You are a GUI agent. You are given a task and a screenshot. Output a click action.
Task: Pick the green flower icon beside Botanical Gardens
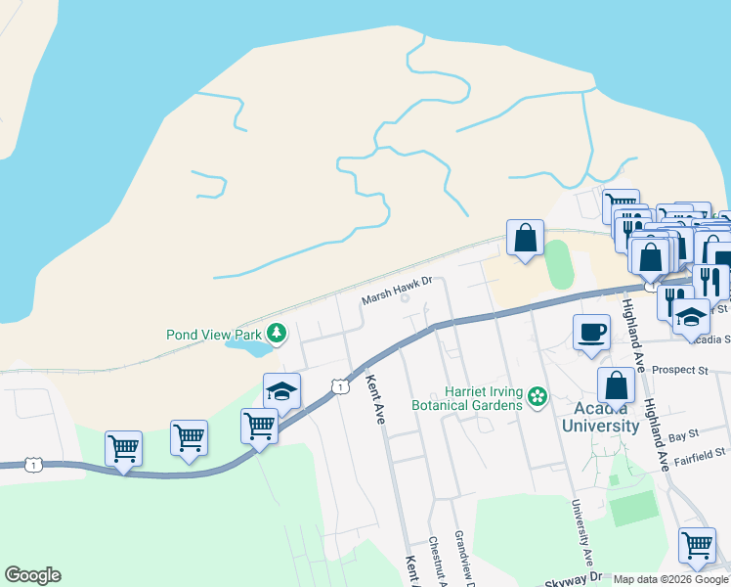(536, 396)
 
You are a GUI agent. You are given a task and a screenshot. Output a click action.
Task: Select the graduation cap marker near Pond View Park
(281, 391)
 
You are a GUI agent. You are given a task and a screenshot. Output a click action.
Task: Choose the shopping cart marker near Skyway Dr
(697, 544)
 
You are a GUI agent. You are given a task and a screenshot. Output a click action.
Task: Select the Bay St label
(684, 432)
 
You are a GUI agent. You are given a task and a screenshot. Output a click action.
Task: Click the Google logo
(32, 575)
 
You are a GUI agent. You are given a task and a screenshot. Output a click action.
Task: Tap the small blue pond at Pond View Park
(248, 345)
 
